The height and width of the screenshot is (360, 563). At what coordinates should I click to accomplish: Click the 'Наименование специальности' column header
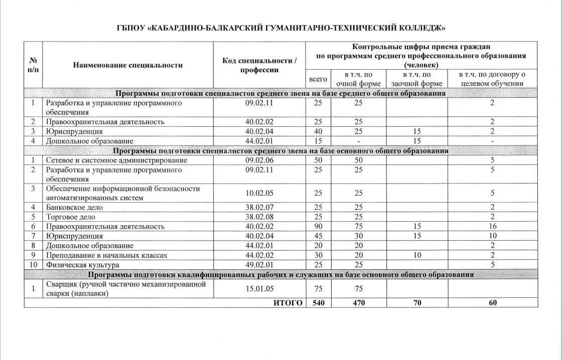click(128, 65)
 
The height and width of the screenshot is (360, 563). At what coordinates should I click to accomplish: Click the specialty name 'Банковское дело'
click(74, 207)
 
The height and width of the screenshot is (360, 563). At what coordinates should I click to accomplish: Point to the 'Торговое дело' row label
click(70, 217)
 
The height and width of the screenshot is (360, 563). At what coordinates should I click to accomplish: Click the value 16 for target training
click(492, 226)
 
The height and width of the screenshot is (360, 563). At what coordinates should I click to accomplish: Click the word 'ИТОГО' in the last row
click(289, 302)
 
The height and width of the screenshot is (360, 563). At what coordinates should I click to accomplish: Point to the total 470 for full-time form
click(358, 302)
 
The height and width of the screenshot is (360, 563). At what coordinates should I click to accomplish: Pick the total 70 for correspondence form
click(416, 302)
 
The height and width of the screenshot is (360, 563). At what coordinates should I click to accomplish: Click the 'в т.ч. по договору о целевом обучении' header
click(492, 79)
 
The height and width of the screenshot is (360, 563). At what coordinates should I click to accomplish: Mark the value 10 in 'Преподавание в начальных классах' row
click(416, 255)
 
